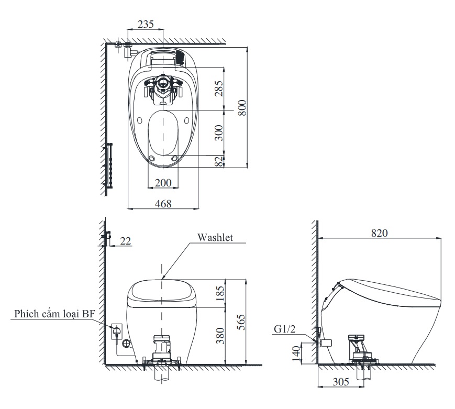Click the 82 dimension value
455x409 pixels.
tap(219, 161)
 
